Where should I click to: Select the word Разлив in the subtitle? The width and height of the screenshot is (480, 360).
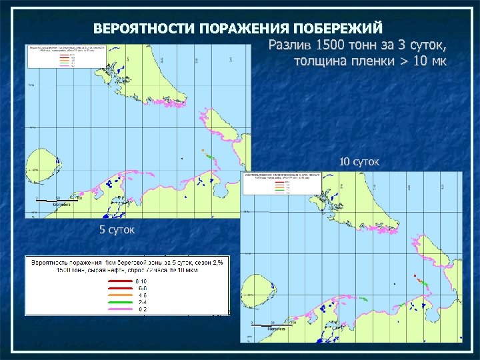(291, 45)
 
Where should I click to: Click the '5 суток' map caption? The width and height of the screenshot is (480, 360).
(117, 230)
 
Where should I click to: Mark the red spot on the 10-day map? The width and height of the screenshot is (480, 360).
(415, 275)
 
